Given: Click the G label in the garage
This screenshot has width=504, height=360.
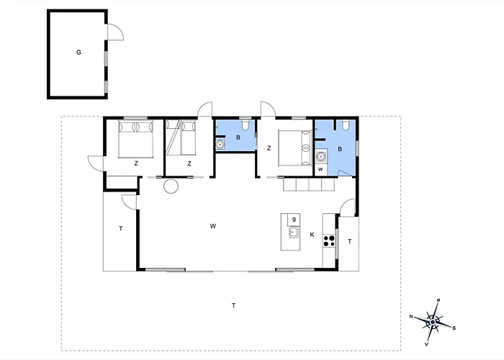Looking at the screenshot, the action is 78,52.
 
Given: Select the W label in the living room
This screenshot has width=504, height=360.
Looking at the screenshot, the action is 213,226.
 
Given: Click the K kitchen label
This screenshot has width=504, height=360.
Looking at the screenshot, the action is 312,235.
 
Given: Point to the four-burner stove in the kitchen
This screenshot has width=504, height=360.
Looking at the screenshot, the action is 329,240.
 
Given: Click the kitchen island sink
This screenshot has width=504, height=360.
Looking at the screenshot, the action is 294,232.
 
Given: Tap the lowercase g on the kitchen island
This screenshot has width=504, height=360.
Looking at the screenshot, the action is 294,220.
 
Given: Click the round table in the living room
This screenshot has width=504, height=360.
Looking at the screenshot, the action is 171,186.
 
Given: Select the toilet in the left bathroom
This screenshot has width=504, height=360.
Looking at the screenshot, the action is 246,125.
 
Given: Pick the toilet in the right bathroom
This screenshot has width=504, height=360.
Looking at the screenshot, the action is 346,125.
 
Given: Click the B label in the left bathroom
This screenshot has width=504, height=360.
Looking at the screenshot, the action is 238,138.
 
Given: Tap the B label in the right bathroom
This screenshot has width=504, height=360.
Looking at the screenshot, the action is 340,149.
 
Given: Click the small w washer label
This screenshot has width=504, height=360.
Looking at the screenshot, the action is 320,169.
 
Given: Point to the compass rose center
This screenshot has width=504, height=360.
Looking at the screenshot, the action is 433,322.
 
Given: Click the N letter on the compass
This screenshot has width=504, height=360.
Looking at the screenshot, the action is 411,317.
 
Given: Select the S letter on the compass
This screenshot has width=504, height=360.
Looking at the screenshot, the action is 454,328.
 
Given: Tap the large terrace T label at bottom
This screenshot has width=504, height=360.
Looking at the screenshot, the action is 234,305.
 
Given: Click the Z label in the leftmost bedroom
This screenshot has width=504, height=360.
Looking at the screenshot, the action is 136,163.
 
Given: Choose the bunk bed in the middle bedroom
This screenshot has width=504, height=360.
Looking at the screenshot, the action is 181,138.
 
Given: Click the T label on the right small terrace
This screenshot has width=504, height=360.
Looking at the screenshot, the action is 350,241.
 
